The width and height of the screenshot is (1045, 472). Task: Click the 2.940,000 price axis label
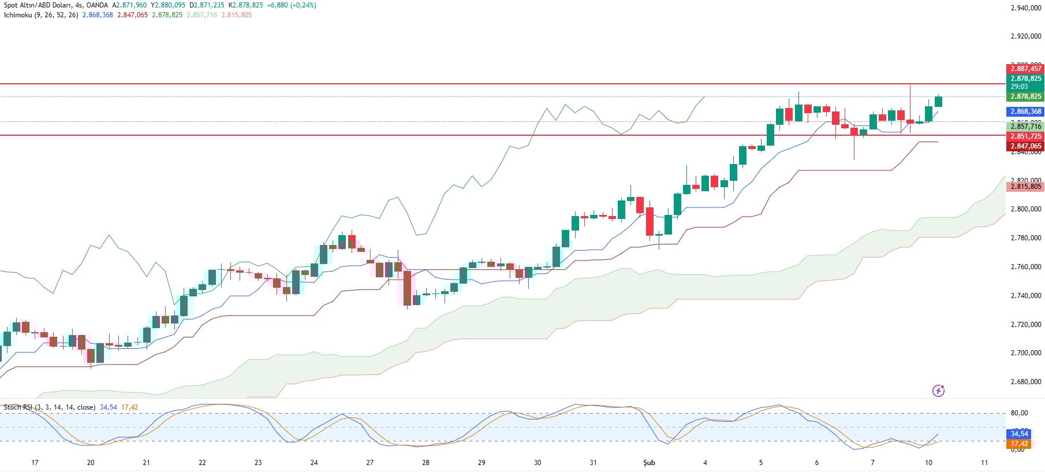coord(1025,8)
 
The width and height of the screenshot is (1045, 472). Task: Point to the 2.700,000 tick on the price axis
coord(1025,353)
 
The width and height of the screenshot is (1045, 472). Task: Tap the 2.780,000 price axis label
coord(1025,238)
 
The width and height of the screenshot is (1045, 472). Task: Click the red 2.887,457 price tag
coord(1025,69)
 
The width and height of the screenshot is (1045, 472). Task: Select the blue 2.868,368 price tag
coord(1025,112)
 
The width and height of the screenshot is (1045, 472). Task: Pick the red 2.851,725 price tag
coord(1025,136)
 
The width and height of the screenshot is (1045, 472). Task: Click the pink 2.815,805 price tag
coord(1025,187)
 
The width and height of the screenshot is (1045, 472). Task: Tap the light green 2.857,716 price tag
coord(1025,126)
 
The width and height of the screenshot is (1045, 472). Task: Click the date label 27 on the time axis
coord(370,463)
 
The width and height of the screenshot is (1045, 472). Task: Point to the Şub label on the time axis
coord(649,463)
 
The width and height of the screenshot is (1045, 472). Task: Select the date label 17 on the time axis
coord(35,463)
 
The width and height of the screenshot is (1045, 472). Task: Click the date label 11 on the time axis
coord(984,463)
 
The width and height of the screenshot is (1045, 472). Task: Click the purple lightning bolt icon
coord(938,391)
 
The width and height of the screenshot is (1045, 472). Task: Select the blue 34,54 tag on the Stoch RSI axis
coord(1019,434)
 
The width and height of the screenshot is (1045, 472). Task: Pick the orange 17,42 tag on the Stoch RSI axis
coord(1019,444)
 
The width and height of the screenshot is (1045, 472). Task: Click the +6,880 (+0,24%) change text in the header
coord(292,5)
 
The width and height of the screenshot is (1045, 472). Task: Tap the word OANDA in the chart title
coord(97,5)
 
